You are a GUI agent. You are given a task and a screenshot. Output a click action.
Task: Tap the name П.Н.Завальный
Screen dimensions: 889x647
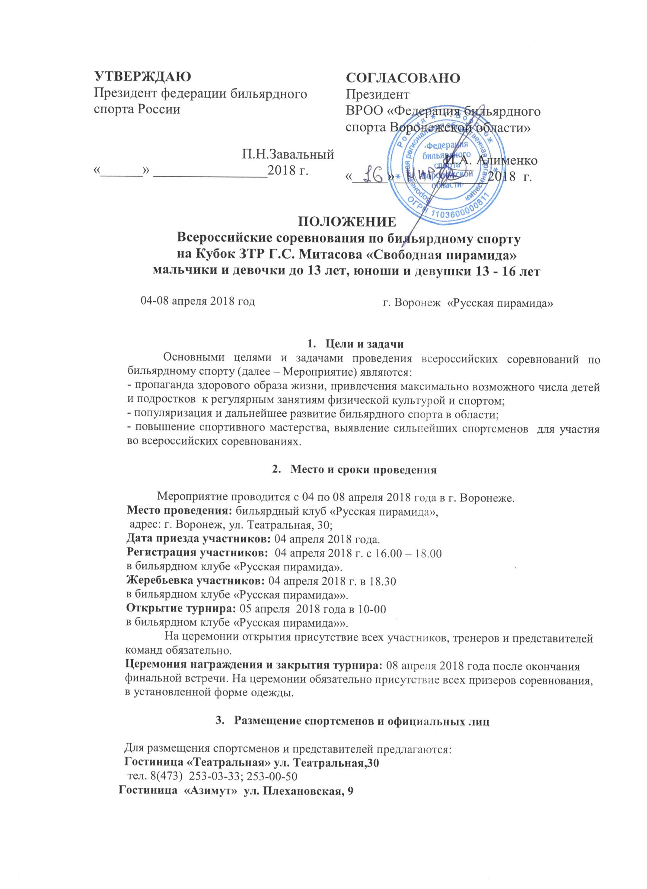point(288,155)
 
